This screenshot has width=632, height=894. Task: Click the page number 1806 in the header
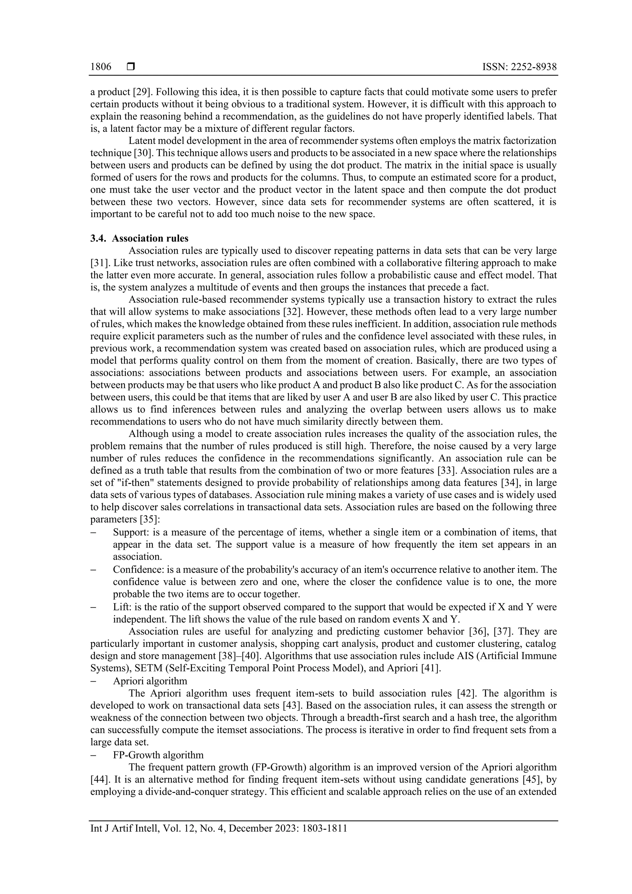[101, 67]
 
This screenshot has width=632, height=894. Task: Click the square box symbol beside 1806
[131, 67]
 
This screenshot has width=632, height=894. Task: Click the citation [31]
[99, 263]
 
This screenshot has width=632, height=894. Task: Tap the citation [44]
[99, 780]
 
